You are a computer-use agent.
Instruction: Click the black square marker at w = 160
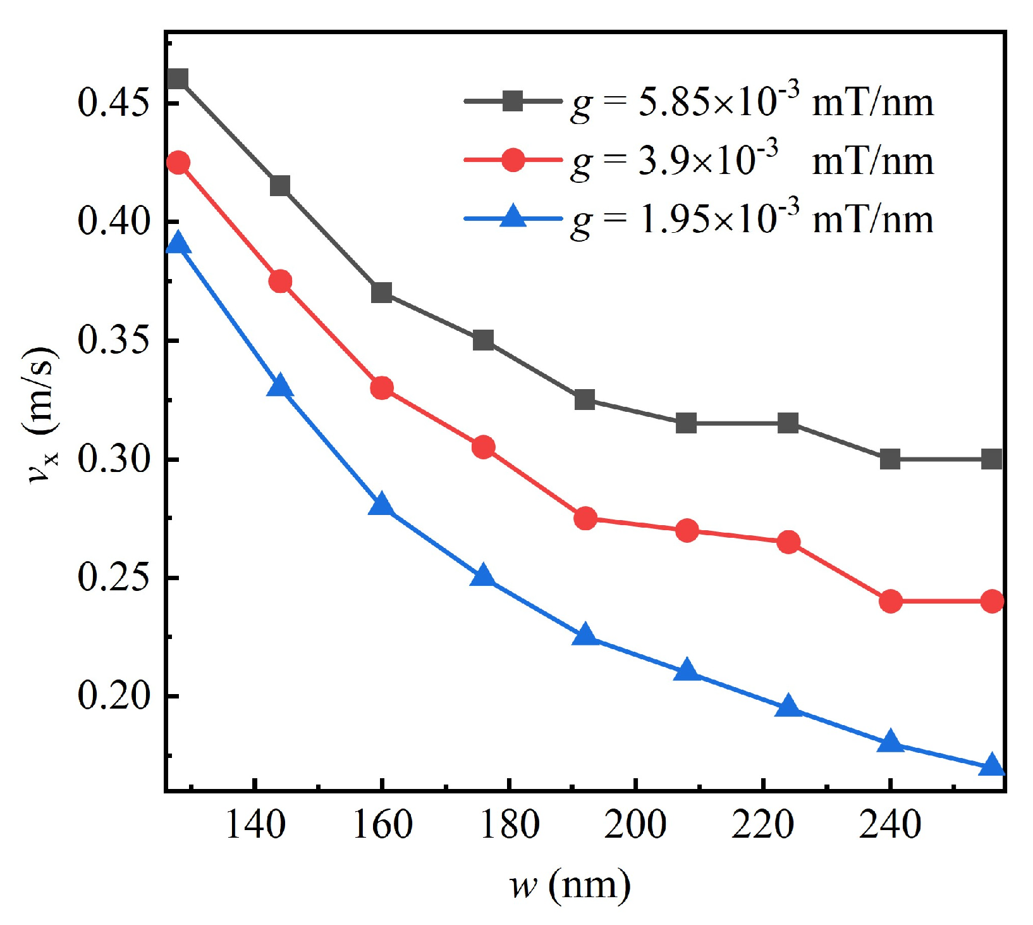[x=381, y=293]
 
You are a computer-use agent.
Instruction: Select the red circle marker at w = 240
[x=890, y=601]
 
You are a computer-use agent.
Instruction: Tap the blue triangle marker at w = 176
[x=483, y=576]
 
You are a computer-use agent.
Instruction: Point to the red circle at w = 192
[x=585, y=519]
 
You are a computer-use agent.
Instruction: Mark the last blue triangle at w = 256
[x=992, y=766]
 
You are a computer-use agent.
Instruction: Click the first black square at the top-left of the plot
[x=178, y=79]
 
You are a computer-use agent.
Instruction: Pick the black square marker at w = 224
[x=788, y=423]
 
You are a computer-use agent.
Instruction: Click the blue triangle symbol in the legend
[x=513, y=216]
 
